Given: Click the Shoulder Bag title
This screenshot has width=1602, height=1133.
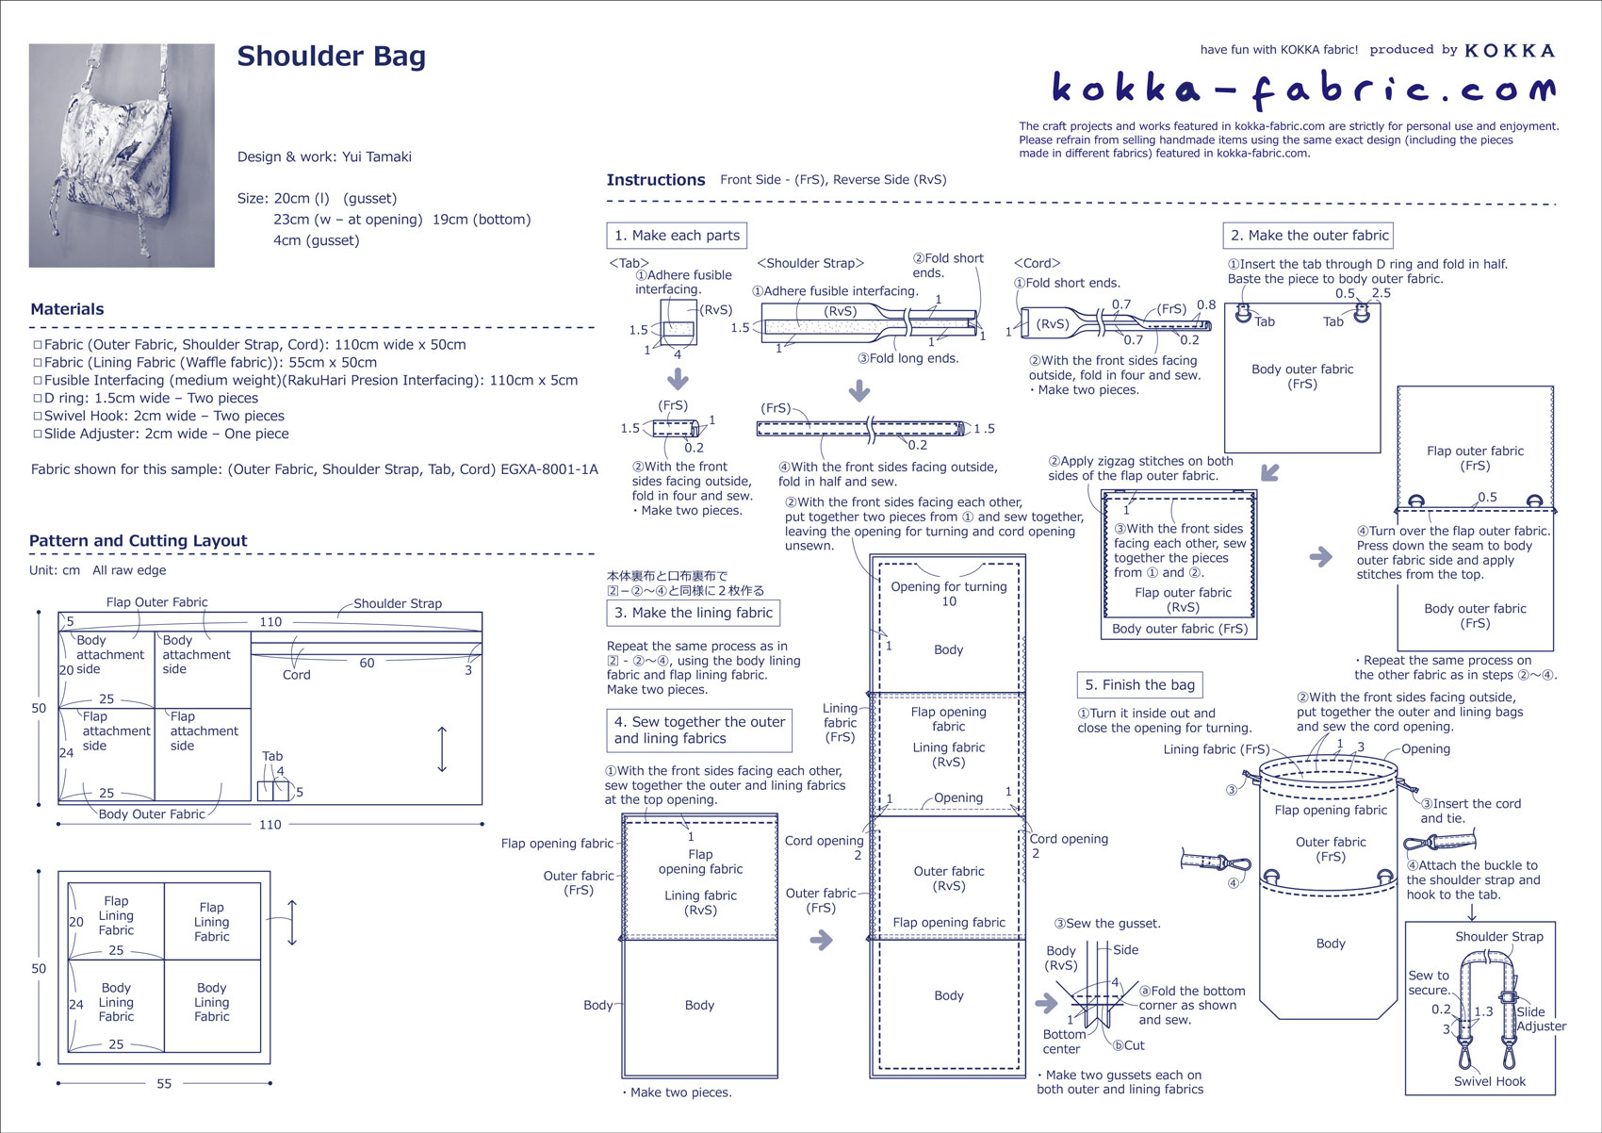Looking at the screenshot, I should [331, 57].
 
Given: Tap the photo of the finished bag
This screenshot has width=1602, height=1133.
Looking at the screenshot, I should [122, 156].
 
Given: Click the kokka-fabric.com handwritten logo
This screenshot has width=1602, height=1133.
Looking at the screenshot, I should [1303, 90].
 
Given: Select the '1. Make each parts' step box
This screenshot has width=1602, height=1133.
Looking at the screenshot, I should [678, 236].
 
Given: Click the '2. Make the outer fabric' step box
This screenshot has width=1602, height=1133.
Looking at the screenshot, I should [1309, 236].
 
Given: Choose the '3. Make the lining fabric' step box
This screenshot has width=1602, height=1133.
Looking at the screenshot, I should [693, 613].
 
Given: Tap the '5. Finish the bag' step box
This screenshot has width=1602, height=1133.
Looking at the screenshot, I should [1139, 685].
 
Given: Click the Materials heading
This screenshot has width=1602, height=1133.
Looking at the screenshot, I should [67, 309].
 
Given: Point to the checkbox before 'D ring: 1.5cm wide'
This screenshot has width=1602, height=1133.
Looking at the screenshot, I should [38, 399].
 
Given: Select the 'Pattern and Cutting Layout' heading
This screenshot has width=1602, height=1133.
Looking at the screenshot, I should [138, 541].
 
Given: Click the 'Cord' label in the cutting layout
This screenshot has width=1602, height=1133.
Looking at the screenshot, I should [296, 675].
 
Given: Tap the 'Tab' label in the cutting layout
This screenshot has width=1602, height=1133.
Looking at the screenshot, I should [272, 756].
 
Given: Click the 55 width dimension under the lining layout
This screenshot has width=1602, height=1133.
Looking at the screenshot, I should [164, 1084].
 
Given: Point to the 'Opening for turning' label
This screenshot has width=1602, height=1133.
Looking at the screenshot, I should [948, 586].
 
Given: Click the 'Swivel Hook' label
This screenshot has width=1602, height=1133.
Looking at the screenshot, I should [1489, 1081].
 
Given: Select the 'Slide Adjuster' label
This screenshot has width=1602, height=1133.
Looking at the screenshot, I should [1541, 1019].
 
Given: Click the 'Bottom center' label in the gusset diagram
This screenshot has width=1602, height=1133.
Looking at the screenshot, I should [1061, 1042].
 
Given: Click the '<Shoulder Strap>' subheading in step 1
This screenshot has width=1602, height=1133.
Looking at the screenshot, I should [810, 264].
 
